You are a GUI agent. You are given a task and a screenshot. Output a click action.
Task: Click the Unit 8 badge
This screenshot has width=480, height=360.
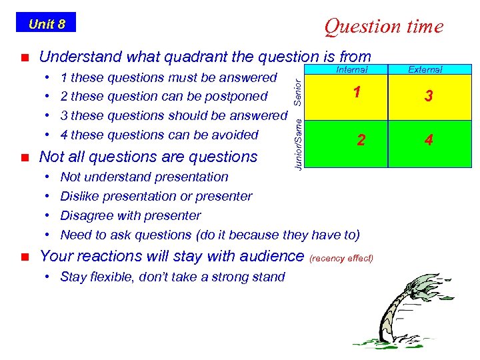point(46,24)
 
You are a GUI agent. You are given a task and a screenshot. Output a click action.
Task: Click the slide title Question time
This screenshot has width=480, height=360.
point(383,26)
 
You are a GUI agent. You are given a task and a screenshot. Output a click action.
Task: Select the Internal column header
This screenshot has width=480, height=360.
point(351,69)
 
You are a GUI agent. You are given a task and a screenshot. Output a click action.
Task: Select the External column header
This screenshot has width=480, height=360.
point(425,69)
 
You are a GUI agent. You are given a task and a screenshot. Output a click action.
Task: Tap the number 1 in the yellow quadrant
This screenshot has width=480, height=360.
point(357,93)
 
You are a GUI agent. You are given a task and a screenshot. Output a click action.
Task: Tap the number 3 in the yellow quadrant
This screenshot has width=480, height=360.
point(429,97)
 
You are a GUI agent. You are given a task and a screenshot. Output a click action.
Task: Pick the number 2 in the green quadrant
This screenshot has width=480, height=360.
point(360,140)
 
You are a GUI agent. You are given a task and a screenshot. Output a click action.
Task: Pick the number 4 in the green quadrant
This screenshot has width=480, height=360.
point(429,140)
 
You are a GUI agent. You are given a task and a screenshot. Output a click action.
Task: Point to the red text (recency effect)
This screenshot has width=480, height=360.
point(342,258)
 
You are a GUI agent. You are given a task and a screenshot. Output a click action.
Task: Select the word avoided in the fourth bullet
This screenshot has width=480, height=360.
point(234,135)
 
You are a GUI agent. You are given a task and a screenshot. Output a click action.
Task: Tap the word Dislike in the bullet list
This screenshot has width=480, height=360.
point(81,196)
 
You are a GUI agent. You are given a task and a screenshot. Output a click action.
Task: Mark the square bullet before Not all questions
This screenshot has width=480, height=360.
point(24,158)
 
